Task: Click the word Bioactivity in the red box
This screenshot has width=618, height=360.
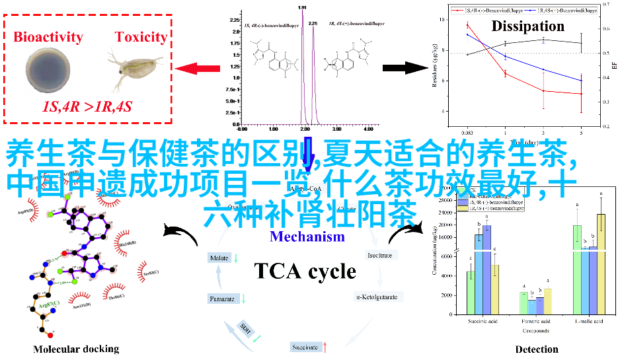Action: [x=48, y=37]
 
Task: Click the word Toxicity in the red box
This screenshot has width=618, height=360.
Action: [x=141, y=37]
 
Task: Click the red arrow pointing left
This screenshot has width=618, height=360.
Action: [x=198, y=67]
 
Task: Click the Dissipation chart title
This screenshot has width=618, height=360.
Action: [x=527, y=26]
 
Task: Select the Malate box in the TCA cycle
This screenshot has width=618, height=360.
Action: [x=219, y=258]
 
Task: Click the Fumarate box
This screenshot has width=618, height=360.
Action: [x=222, y=299]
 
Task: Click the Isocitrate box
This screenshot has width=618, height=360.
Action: [x=380, y=254]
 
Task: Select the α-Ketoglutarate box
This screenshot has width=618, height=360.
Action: [x=377, y=297]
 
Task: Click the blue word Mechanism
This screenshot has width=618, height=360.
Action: [x=307, y=236]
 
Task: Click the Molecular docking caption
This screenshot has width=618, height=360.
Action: [x=76, y=349]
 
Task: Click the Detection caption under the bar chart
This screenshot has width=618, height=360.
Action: [x=537, y=349]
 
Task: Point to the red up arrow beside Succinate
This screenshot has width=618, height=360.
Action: [x=325, y=346]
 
